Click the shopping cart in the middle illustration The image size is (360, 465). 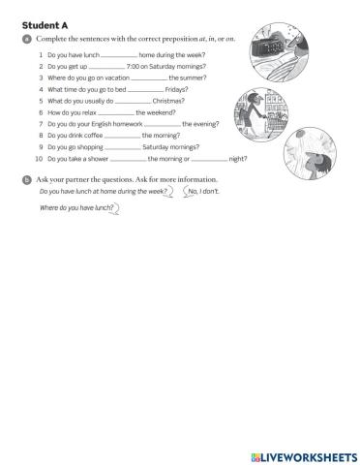[x=271, y=120]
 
